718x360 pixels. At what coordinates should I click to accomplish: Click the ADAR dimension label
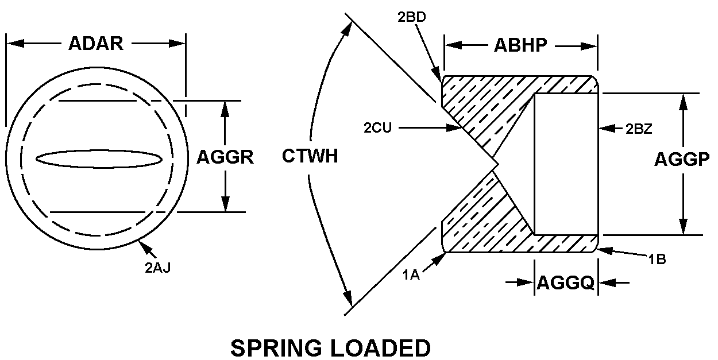(96, 44)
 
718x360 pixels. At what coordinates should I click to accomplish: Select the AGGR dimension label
(225, 157)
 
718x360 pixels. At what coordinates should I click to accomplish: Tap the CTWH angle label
(310, 156)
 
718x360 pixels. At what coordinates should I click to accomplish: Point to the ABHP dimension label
(521, 46)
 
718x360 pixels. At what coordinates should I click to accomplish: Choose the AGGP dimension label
(682, 160)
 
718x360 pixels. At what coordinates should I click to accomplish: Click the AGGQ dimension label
(565, 282)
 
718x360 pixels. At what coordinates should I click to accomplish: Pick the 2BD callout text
(411, 17)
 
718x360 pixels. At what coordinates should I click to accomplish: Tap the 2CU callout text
(377, 128)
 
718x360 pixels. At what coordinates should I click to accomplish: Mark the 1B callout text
(657, 259)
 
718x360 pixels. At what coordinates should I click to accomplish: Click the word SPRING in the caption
(279, 347)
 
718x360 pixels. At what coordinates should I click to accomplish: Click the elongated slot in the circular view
(98, 159)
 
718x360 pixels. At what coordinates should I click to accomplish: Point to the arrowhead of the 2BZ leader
(602, 128)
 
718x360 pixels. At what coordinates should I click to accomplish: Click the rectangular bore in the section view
(566, 164)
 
